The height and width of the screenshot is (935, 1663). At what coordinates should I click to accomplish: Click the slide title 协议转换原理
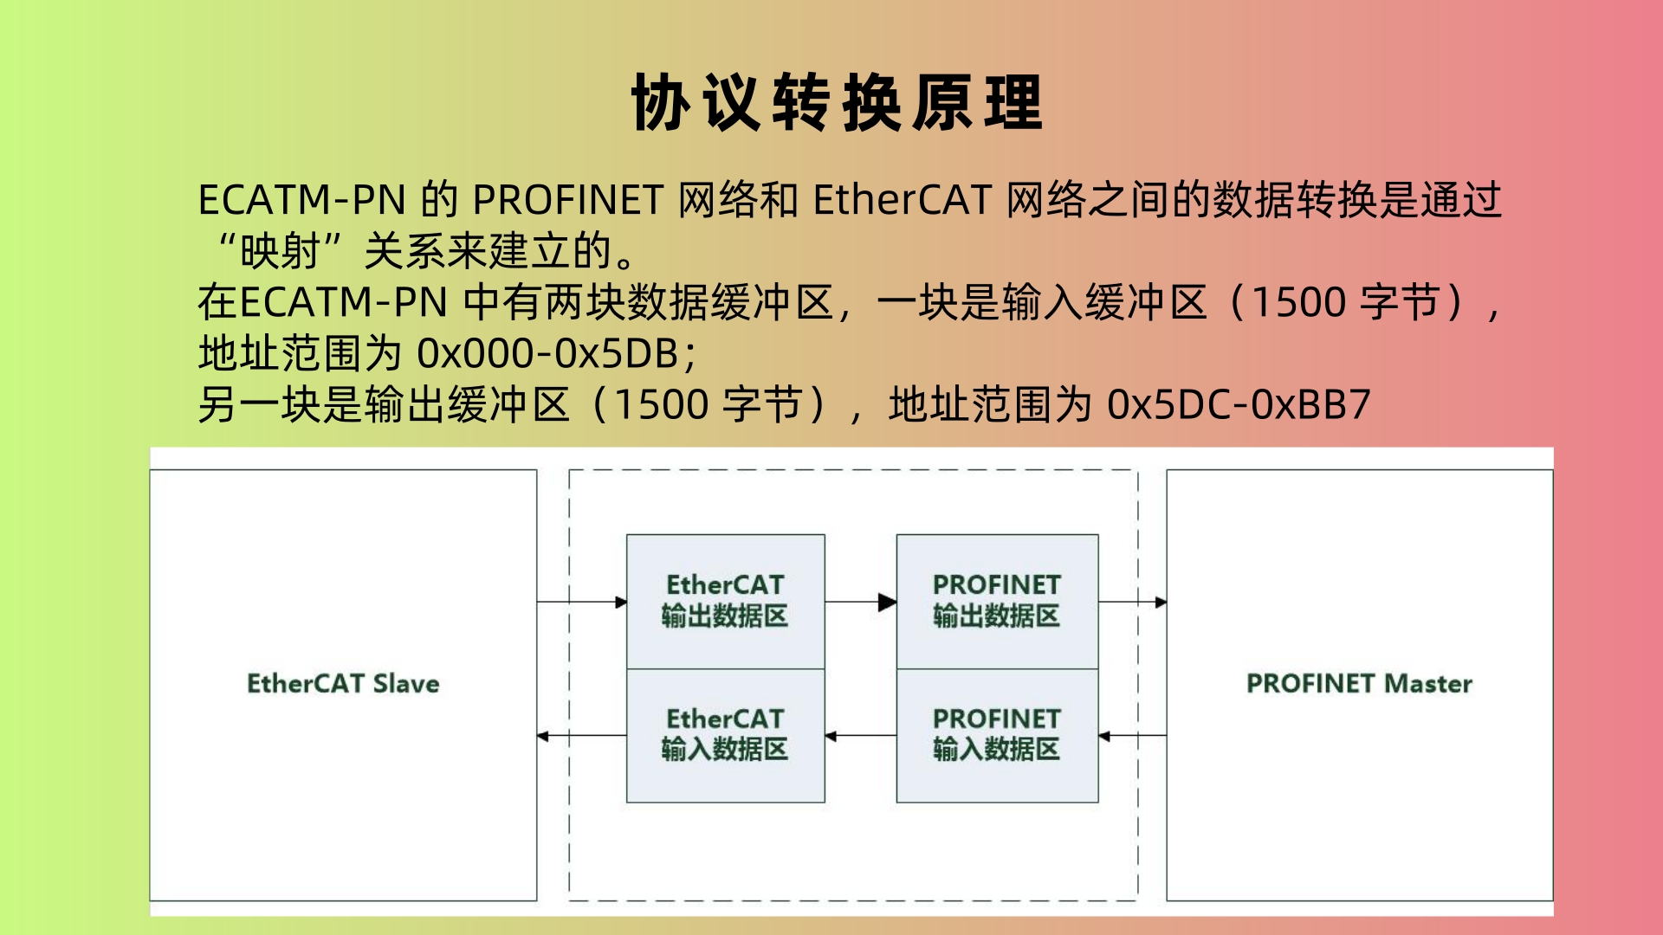click(x=837, y=102)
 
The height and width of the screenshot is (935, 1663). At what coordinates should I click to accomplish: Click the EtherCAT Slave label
click(x=343, y=684)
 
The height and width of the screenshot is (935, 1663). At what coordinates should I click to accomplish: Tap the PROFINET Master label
click(x=1359, y=684)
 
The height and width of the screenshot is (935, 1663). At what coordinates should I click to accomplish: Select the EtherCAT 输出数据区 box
click(x=726, y=602)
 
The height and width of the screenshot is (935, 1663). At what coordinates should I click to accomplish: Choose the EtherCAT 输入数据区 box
click(x=726, y=736)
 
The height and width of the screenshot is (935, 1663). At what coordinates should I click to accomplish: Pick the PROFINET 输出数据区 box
click(x=997, y=602)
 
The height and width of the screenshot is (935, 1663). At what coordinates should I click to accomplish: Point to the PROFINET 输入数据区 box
click(x=997, y=736)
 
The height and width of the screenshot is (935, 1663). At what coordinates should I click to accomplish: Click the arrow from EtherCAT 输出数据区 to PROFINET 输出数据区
click(x=861, y=602)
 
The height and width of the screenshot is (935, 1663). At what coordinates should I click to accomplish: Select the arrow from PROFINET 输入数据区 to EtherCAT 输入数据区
click(x=861, y=737)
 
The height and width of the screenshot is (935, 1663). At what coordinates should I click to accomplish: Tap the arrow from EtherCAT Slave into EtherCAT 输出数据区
click(x=582, y=602)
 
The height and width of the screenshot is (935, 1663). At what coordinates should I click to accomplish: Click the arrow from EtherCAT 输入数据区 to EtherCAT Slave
click(x=582, y=737)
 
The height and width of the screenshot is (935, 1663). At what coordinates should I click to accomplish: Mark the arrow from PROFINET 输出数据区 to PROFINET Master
click(x=1133, y=602)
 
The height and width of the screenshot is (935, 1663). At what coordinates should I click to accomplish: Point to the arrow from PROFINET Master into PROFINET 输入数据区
click(x=1133, y=737)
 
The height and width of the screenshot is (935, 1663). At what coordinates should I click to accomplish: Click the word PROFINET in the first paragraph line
click(x=568, y=201)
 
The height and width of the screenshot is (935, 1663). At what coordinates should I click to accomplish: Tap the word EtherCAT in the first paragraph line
click(x=902, y=201)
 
